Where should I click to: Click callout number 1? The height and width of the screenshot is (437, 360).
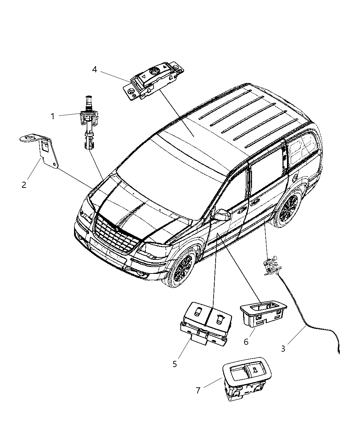pyautogui.click(x=53, y=117)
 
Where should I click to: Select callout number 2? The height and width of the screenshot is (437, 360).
pyautogui.click(x=24, y=185)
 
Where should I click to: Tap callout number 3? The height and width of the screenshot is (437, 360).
pyautogui.click(x=283, y=349)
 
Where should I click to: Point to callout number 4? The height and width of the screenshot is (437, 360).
pyautogui.click(x=95, y=70)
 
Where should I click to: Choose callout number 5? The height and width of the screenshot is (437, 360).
pyautogui.click(x=175, y=364)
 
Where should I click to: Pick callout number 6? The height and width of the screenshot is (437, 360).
pyautogui.click(x=245, y=341)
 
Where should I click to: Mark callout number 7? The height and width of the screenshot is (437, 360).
pyautogui.click(x=198, y=390)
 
